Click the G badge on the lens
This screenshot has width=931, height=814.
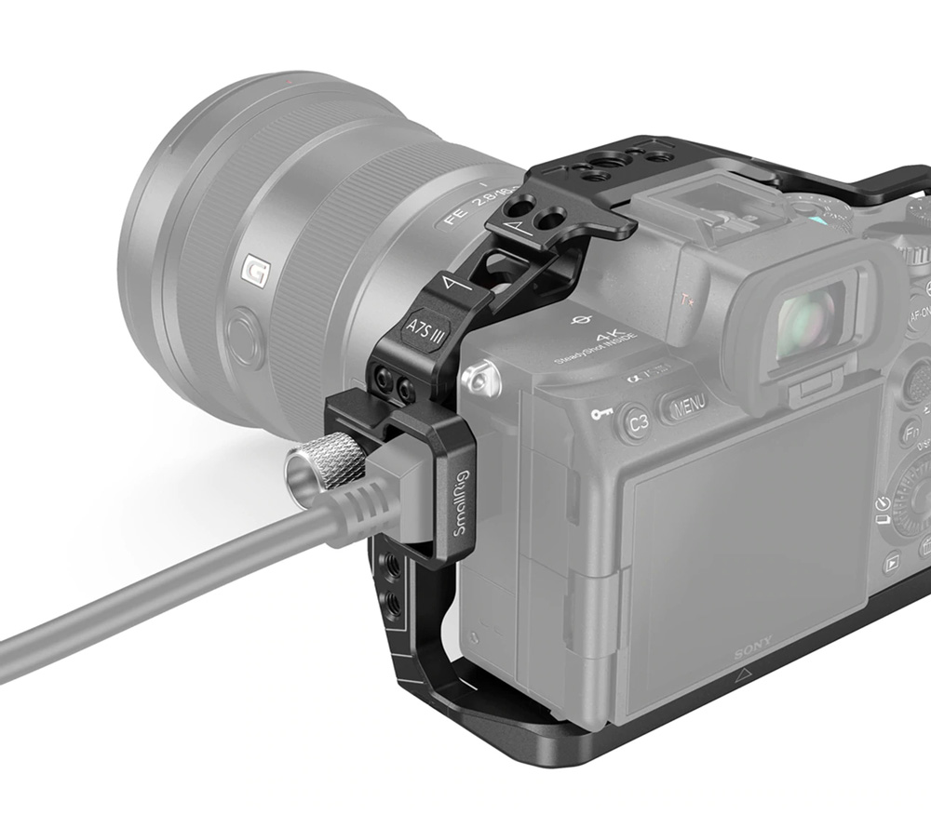[254, 271]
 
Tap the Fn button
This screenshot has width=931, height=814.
[910, 433]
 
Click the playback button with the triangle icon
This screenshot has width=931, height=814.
[892, 561]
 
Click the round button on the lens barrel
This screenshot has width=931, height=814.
[245, 337]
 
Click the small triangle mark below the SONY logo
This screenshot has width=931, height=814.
[742, 676]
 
